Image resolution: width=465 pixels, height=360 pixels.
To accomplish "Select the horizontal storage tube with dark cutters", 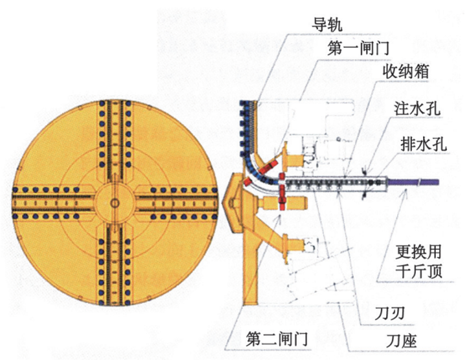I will (336, 185).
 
